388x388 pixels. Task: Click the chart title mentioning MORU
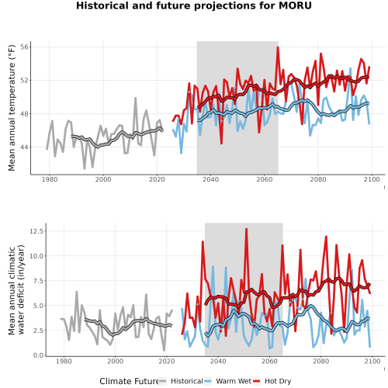coord(194,5)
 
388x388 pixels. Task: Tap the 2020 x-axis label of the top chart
coord(157,179)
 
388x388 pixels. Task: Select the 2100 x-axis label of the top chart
coord(372,179)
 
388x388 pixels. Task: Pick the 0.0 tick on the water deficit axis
coord(38,355)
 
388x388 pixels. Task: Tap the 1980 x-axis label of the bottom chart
coord(64,361)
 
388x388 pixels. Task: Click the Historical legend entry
coord(187,381)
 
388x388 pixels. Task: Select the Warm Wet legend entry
coord(234,381)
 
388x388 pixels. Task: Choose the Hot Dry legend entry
coord(278,381)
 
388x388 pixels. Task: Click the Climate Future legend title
coord(129,381)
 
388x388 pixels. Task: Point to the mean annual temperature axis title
coord(12,108)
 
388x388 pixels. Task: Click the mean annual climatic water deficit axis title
coord(16,289)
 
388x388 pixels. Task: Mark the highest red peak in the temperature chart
coord(278,47)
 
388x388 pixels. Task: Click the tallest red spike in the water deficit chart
coord(246,229)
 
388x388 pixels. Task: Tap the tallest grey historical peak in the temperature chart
coord(135,98)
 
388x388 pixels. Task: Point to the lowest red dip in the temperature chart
coord(221,144)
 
